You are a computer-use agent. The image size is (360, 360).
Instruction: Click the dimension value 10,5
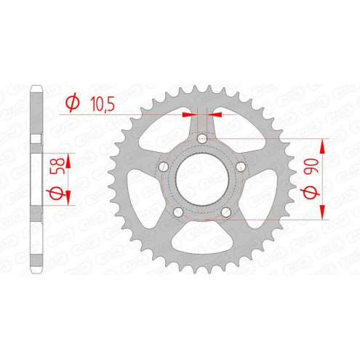pos(103,104)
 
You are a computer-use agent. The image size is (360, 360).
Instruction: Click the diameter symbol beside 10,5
pos(72,104)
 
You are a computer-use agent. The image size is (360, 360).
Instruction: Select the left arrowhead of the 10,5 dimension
pos(191,114)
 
